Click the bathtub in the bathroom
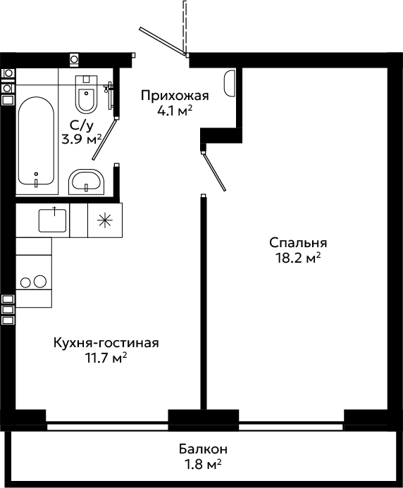(36, 141)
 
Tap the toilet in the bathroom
(86, 94)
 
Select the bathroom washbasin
(86, 182)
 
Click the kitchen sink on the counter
(52, 220)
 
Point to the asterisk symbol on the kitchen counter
(105, 220)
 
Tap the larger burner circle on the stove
(40, 282)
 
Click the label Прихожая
(175, 96)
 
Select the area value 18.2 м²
(298, 258)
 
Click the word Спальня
(298, 243)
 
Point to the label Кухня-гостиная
(106, 343)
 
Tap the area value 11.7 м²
(106, 358)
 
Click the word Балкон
(203, 449)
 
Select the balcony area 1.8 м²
(203, 464)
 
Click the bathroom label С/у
(81, 126)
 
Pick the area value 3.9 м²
(82, 139)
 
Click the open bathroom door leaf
(105, 139)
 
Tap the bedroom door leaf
(214, 172)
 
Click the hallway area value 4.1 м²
(175, 111)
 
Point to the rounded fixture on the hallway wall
(230, 83)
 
